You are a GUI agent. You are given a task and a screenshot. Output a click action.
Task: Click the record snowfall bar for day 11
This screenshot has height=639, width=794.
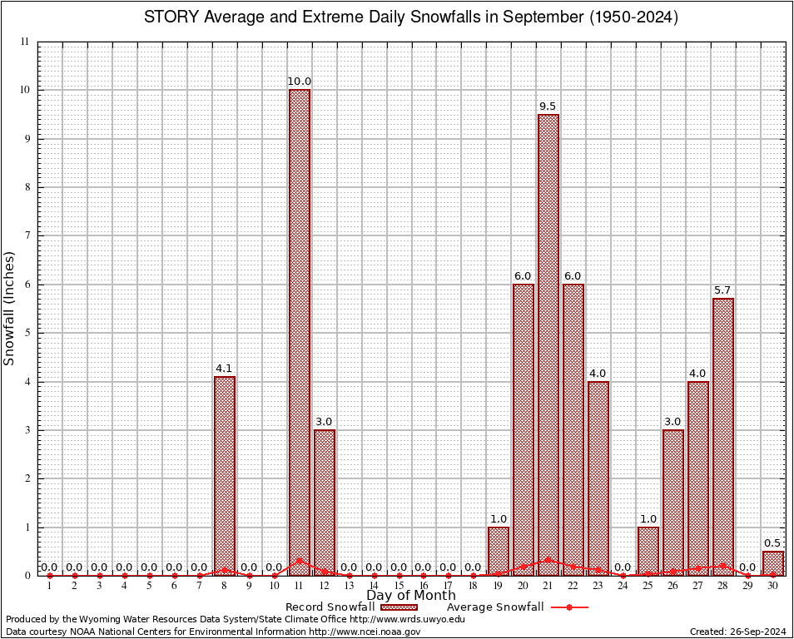pos(300,333)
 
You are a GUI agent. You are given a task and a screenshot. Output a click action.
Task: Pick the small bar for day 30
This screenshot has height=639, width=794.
pos(773,563)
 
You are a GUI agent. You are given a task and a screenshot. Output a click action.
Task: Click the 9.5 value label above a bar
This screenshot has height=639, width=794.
pos(548,106)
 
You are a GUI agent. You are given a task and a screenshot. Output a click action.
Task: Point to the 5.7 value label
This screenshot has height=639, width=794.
pos(722,290)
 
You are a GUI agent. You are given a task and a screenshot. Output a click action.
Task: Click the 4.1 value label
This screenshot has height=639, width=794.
pos(224,369)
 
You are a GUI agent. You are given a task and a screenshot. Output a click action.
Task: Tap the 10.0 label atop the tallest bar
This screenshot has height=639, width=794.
pos(300,82)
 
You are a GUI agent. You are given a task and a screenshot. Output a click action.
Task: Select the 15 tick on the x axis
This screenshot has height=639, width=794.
pos(399,586)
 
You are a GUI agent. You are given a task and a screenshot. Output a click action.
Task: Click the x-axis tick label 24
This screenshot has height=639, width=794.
pos(623,586)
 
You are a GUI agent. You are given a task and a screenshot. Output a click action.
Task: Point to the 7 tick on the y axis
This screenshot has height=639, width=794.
pos(27,235)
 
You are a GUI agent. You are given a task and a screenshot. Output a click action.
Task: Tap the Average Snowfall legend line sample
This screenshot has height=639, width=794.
pos(568,607)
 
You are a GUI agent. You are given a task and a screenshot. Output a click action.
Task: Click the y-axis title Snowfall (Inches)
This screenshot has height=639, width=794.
pos(10,309)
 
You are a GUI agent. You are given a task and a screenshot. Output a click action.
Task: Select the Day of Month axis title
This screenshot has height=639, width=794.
pos(411,596)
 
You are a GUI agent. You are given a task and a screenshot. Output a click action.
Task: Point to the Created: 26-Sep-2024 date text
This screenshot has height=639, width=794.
pos(737,632)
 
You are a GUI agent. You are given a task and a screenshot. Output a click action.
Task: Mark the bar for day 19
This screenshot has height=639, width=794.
pos(499,551)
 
